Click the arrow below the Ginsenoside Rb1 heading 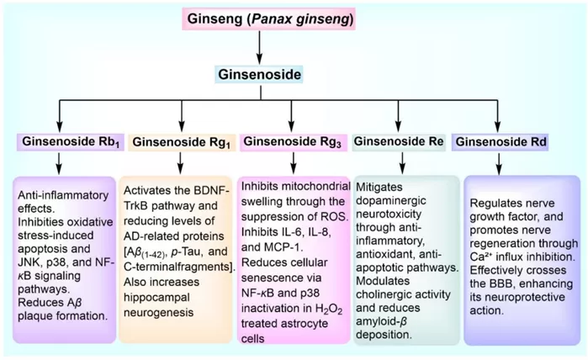[59, 161]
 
